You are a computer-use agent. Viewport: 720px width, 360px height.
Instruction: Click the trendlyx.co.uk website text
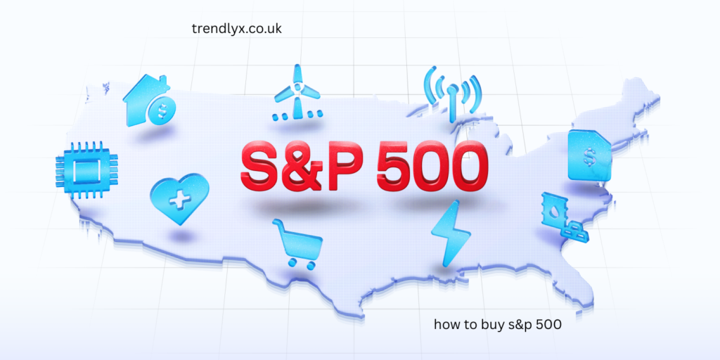236,28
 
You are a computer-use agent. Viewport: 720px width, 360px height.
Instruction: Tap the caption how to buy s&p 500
497,325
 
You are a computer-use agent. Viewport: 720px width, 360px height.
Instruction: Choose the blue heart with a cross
180,196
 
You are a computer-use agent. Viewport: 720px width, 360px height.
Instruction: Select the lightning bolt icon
448,231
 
